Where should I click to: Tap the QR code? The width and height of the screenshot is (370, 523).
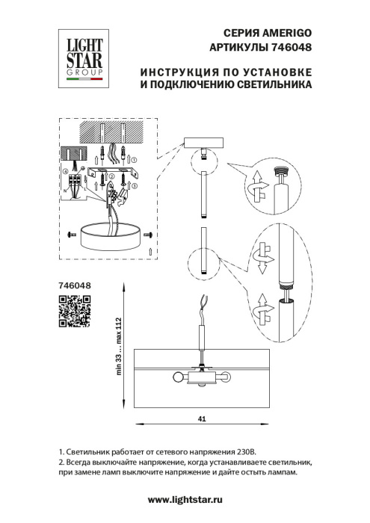pos(75,312)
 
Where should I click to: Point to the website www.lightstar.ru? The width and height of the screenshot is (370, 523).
pos(186,498)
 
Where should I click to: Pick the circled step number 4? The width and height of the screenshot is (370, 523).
pos(65,173)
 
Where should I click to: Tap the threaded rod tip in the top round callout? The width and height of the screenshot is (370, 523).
pos(283,172)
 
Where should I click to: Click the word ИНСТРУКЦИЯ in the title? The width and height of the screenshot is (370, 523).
pos(176,72)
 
